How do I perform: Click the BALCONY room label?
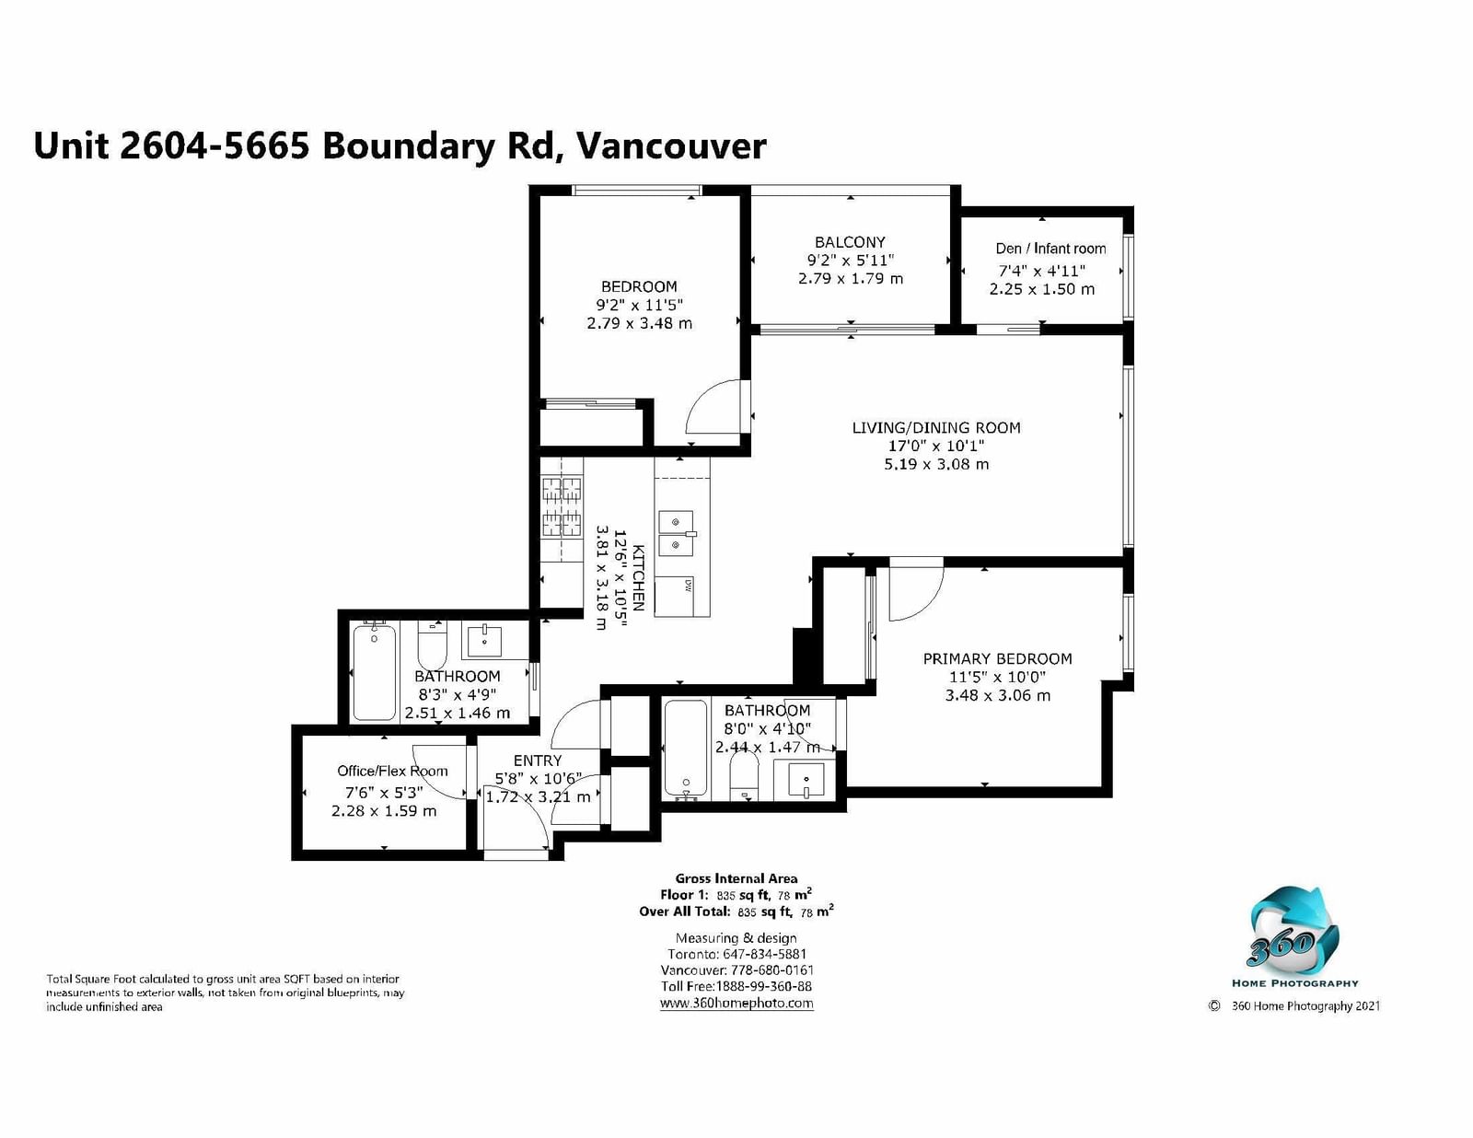(x=850, y=242)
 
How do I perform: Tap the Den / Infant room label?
(x=1050, y=249)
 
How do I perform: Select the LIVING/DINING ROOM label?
(x=935, y=428)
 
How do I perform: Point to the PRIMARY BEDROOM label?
(x=997, y=659)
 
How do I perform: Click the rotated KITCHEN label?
(x=639, y=576)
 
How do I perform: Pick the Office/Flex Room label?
(x=392, y=771)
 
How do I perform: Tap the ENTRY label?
(x=538, y=761)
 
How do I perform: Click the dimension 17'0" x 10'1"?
(x=935, y=446)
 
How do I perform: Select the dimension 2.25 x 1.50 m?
(x=1042, y=289)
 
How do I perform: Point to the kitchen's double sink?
(x=676, y=533)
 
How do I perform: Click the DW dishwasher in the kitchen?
(x=681, y=597)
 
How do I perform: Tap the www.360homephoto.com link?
(x=736, y=1004)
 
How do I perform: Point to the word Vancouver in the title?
(x=671, y=145)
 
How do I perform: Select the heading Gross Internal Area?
(x=736, y=879)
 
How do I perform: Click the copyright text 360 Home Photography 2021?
(x=1305, y=1005)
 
